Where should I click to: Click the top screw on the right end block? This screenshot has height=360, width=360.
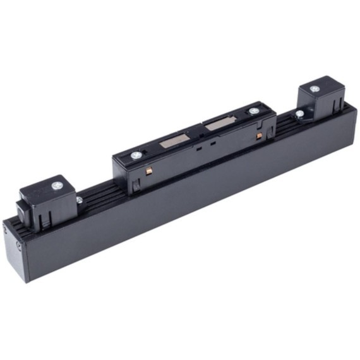[315, 90]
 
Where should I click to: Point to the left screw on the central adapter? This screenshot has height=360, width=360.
[136, 155]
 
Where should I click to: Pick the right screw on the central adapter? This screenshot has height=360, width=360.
[254, 111]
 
